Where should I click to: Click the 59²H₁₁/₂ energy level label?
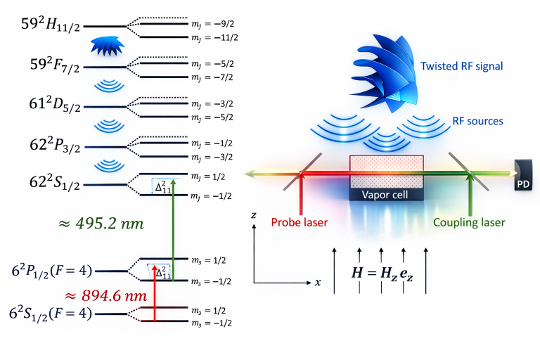[x=51, y=27]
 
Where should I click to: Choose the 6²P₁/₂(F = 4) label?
[x=50, y=269]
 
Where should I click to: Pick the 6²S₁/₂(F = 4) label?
[x=50, y=312]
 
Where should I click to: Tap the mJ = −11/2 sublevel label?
[x=211, y=37]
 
